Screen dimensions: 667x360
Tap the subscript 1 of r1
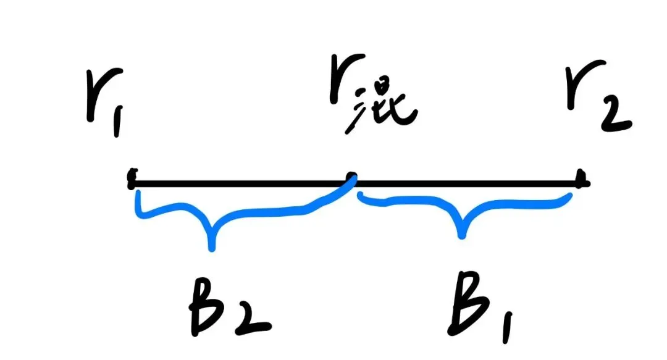[117, 123]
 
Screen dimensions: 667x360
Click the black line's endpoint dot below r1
[132, 181]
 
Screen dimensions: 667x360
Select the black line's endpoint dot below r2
[581, 181]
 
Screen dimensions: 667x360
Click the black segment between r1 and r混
[241, 182]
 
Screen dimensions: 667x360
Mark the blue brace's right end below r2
[568, 196]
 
